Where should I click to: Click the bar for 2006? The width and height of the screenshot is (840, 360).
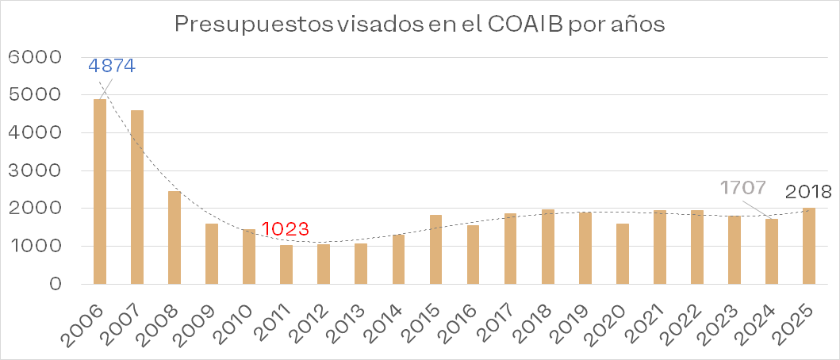click(100, 191)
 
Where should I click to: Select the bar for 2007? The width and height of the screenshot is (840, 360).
click(137, 197)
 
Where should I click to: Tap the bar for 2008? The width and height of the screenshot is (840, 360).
click(174, 237)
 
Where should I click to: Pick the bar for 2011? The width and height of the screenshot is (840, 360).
click(286, 265)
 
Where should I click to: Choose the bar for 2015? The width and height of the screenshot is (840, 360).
click(436, 249)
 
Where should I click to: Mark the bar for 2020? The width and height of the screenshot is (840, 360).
click(623, 254)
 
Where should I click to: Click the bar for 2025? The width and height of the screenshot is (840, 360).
click(809, 246)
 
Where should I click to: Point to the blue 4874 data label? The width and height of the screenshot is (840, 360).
click(112, 66)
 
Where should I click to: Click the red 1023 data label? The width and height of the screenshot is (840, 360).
click(286, 228)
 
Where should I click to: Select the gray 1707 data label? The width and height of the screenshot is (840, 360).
click(743, 188)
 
